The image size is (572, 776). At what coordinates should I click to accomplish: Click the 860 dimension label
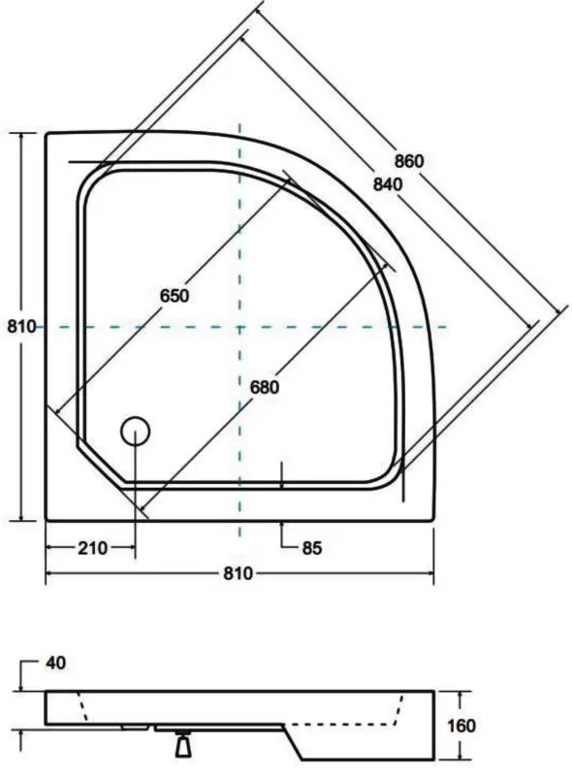pyautogui.click(x=409, y=161)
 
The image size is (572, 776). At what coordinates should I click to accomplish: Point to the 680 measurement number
pyautogui.click(x=264, y=386)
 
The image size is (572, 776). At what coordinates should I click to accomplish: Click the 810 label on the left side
pyautogui.click(x=20, y=327)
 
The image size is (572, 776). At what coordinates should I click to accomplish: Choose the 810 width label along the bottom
pyautogui.click(x=238, y=573)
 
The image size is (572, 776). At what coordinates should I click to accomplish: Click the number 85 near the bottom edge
pyautogui.click(x=310, y=548)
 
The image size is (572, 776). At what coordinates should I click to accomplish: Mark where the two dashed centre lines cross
pyautogui.click(x=239, y=327)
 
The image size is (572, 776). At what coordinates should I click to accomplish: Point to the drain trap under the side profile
pyautogui.click(x=181, y=745)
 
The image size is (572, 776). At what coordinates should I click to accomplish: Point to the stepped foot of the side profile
pyautogui.click(x=320, y=741)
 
